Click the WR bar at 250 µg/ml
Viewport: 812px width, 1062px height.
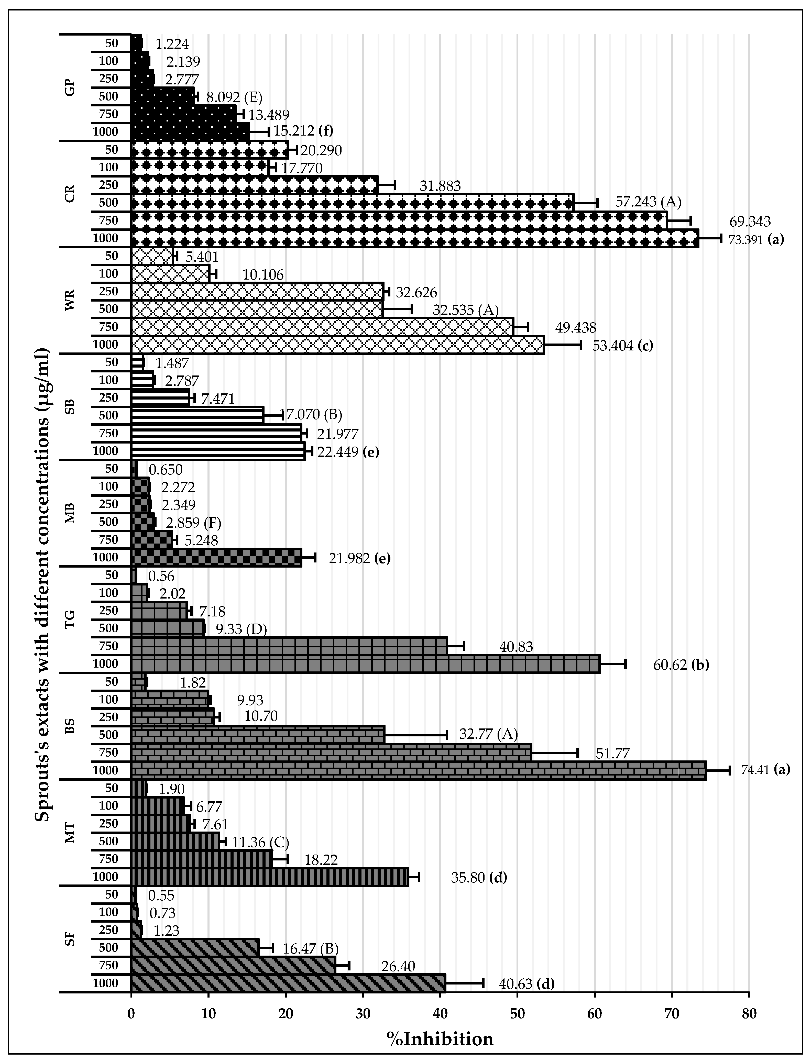point(257,291)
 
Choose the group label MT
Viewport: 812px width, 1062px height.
point(71,833)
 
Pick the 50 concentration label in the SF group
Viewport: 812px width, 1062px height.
point(111,894)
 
